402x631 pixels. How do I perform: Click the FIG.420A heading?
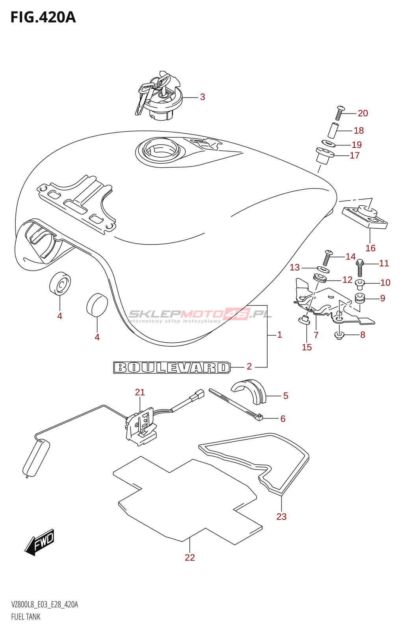pyautogui.click(x=43, y=17)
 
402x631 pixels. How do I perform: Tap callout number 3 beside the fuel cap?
pyautogui.click(x=202, y=97)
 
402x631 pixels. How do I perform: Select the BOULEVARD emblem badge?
pyautogui.click(x=172, y=368)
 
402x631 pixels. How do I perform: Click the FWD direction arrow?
pyautogui.click(x=40, y=542)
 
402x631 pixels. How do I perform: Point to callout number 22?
pyautogui.click(x=190, y=557)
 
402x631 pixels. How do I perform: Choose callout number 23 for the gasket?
pyautogui.click(x=281, y=517)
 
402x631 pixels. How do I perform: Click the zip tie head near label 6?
pyautogui.click(x=259, y=417)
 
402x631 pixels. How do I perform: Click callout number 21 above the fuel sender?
pyautogui.click(x=140, y=392)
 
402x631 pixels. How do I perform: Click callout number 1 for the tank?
pyautogui.click(x=279, y=335)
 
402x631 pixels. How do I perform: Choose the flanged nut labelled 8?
pyautogui.click(x=339, y=336)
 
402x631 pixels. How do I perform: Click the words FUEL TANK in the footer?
pyautogui.click(x=26, y=617)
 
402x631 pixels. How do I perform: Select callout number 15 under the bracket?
pyautogui.click(x=307, y=347)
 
